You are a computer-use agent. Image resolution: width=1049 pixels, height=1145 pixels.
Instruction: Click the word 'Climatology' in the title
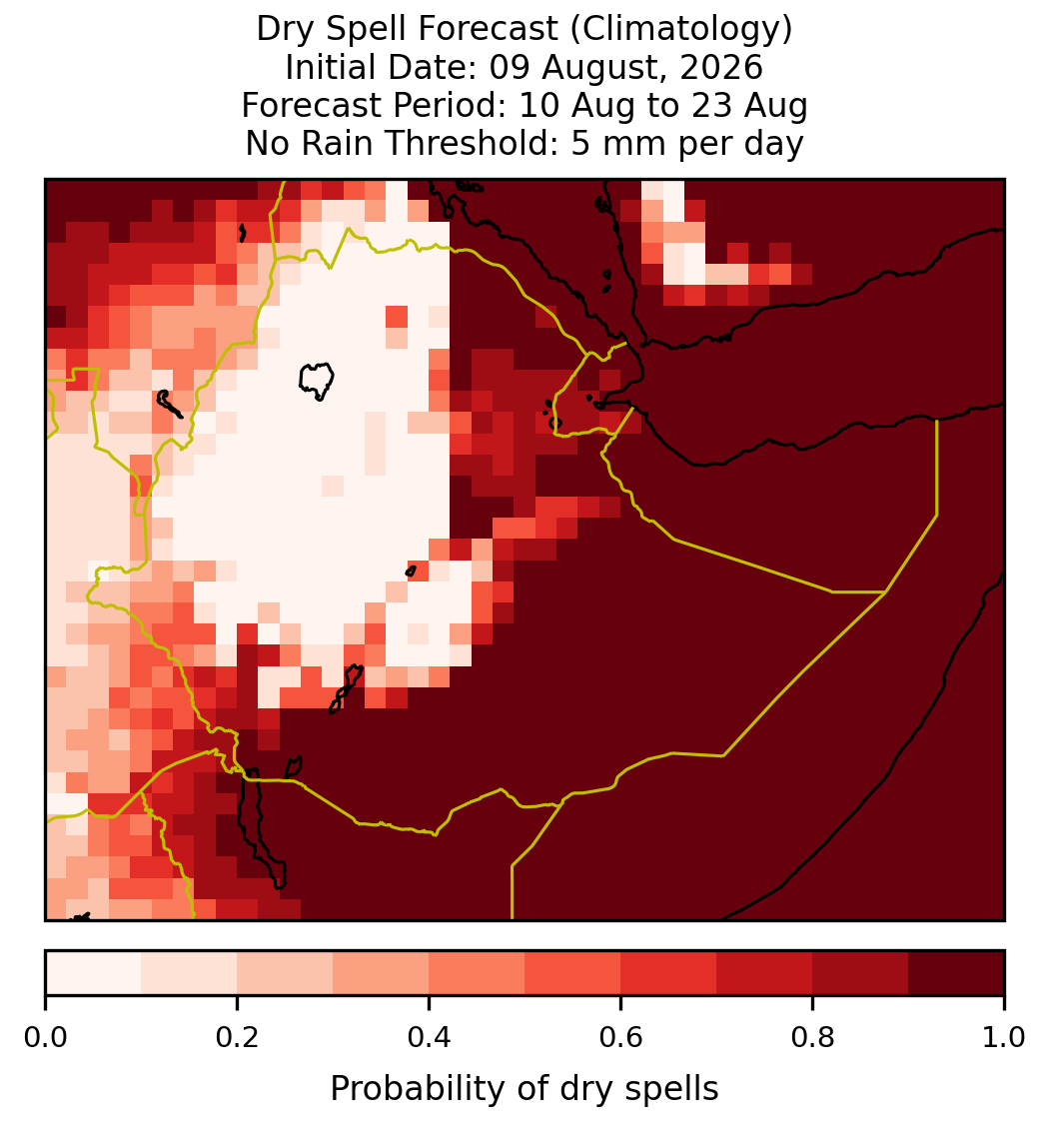[680, 29]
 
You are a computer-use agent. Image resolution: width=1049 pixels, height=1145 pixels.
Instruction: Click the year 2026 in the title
[721, 67]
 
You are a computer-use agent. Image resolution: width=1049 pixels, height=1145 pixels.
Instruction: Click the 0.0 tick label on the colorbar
[45, 1038]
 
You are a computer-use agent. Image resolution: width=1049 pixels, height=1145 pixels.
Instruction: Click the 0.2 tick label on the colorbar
[237, 1038]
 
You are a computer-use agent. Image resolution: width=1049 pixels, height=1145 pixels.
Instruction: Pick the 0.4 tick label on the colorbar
[430, 1038]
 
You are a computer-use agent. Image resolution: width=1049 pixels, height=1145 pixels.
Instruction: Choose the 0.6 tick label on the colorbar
[621, 1038]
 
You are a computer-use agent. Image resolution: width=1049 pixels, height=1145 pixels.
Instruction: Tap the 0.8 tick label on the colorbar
[813, 1038]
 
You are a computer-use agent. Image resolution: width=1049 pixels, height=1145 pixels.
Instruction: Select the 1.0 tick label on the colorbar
[1004, 1038]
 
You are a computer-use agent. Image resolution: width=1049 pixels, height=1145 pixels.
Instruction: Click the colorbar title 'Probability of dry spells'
[524, 1089]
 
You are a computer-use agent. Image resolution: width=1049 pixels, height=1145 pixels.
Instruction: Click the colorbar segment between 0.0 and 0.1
[94, 973]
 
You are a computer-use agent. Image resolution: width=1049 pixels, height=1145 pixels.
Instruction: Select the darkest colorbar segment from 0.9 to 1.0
[956, 973]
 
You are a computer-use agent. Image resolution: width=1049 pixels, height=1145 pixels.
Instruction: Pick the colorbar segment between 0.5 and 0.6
[573, 973]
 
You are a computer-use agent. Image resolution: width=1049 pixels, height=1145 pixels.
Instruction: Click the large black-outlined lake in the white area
[316, 380]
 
